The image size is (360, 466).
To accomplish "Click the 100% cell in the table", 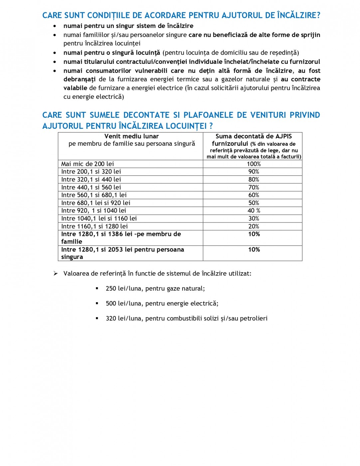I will coord(254,164).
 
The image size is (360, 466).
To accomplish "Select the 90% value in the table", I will coord(254,171).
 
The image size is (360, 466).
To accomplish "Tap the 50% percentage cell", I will coord(254,203).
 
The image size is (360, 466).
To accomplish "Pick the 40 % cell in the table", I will coord(254,210).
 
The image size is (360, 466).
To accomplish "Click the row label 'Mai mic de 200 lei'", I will coord(88,164).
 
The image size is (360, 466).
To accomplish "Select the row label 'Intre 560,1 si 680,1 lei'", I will coord(94,195).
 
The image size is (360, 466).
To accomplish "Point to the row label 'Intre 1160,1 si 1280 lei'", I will coord(94,226).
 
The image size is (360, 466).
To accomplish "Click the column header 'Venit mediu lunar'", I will coord(131,136).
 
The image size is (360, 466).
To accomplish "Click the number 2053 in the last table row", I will coord(115,250).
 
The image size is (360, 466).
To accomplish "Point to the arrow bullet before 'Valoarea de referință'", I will coord(56,273).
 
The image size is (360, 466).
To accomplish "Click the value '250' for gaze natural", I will coord(111,289).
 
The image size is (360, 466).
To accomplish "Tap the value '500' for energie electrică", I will coord(111,304).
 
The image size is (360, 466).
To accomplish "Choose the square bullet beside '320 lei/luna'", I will coord(97,318).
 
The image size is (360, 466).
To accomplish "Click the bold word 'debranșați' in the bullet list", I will coord(80,79).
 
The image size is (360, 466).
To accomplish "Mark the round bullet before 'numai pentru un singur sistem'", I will coord(55,26).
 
